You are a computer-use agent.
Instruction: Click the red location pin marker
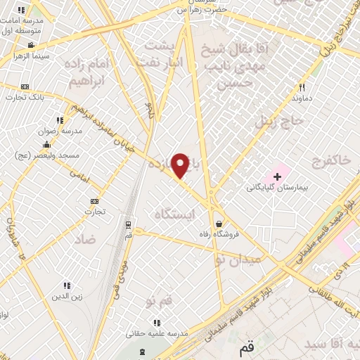(x=181, y=165)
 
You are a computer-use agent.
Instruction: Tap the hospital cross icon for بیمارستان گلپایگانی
(x=277, y=176)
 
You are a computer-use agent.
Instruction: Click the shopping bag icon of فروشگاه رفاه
(x=219, y=224)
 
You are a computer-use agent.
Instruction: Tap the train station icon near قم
(x=128, y=225)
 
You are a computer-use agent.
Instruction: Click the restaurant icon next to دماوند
(x=302, y=88)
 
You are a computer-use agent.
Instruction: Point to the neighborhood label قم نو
(x=160, y=302)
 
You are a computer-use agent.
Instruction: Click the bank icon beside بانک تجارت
(x=26, y=86)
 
